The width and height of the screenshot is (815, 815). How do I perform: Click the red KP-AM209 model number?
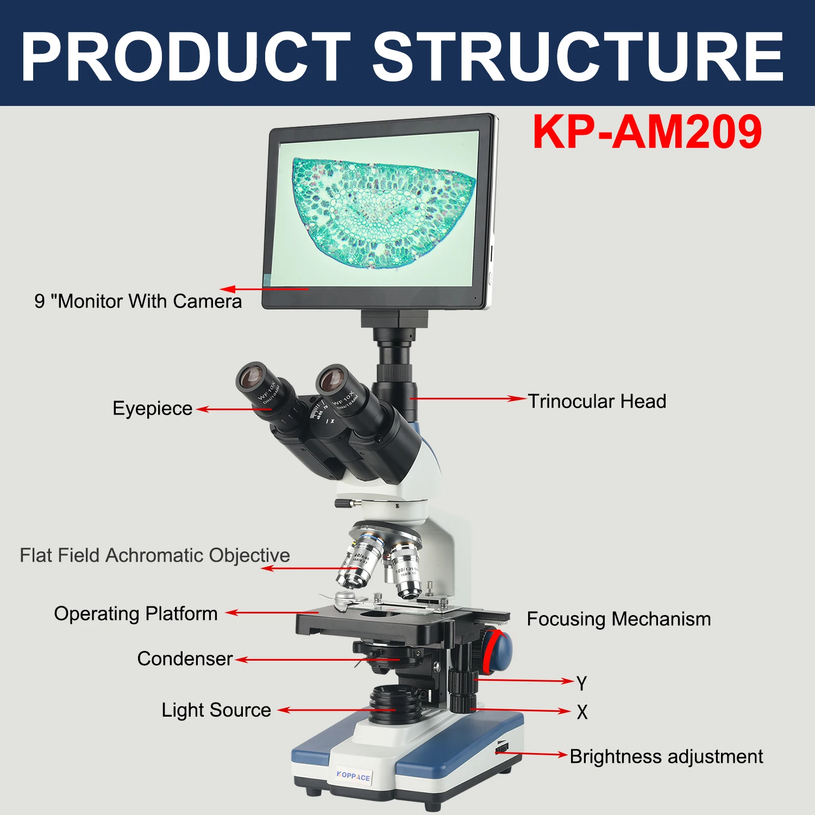tap(647, 131)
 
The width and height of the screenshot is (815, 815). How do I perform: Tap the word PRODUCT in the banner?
tap(185, 56)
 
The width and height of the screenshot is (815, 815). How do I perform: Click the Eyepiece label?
tap(152, 409)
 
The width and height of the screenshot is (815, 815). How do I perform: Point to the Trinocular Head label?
tap(597, 402)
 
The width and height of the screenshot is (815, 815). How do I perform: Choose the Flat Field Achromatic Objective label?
tap(155, 555)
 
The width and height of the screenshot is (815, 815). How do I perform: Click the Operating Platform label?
tap(136, 613)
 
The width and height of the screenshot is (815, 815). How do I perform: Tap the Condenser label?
tap(185, 659)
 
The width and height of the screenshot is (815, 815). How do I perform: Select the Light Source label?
tap(216, 710)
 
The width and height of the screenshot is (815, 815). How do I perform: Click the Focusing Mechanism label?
tap(619, 619)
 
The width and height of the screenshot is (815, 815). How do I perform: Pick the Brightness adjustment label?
tap(666, 756)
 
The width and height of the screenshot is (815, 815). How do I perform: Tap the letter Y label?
tap(582, 684)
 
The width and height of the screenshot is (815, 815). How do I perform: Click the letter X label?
tap(582, 712)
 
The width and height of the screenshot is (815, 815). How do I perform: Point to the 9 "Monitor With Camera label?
tap(138, 301)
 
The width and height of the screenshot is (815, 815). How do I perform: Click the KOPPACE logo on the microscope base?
tap(353, 776)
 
